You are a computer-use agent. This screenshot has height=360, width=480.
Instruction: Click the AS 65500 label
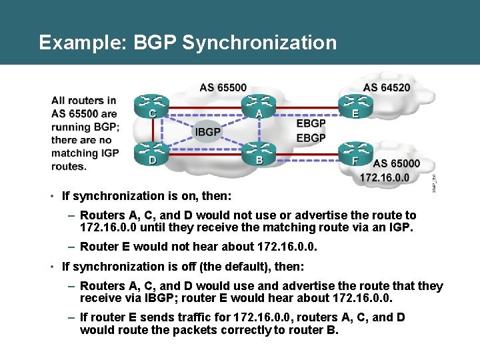223,87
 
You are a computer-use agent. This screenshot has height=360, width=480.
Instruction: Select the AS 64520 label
387,87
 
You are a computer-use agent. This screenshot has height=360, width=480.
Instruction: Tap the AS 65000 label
397,163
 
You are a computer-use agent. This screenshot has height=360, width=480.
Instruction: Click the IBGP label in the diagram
208,131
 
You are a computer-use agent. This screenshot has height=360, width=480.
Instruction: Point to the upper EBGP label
311,123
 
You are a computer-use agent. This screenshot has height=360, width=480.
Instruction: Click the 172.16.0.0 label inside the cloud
385,177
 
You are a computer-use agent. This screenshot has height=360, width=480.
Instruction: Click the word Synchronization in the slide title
259,43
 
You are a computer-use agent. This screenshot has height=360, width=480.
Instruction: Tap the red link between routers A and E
306,107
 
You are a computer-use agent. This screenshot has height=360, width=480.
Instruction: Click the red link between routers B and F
306,158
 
